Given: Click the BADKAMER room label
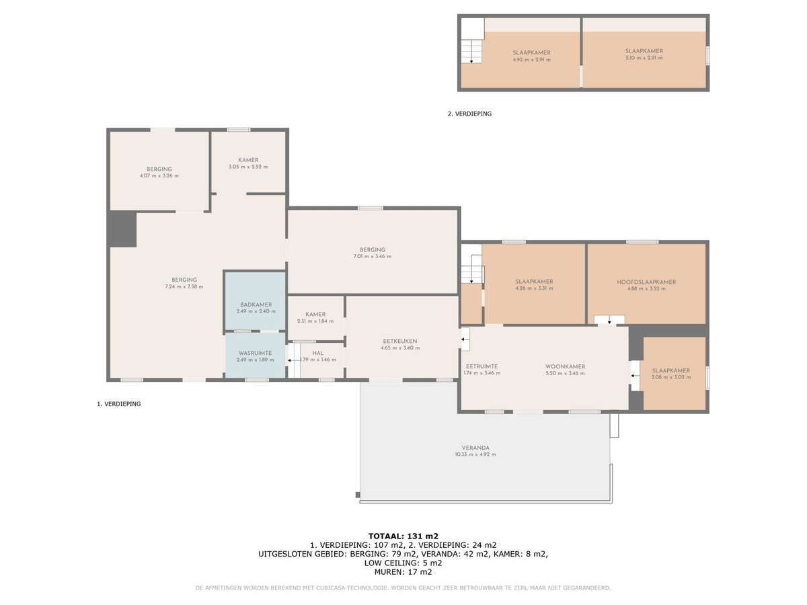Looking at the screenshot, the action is click(256, 305).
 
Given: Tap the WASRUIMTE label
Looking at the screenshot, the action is click(255, 353).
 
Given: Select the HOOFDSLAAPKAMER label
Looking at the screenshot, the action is click(646, 282).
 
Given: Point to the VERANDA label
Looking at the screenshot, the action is click(475, 448).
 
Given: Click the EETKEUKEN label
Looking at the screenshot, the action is click(400, 341).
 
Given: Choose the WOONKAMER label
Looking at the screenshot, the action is click(565, 366).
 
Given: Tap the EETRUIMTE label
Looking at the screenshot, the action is click(482, 366).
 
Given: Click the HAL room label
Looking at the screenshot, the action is click(318, 353).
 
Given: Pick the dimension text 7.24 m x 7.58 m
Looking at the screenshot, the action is click(184, 286).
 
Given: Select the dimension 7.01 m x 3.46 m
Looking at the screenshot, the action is click(372, 256).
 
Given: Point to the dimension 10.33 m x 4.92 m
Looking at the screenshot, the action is click(475, 454).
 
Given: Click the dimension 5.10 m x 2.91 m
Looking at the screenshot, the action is click(644, 58).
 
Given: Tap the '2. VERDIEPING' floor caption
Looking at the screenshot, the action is click(469, 114).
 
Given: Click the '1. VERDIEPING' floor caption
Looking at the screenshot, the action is click(119, 404).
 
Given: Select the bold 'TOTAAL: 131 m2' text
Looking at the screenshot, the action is click(403, 536).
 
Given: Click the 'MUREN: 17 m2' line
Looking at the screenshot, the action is click(403, 571).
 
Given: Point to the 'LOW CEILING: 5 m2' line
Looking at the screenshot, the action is click(403, 563).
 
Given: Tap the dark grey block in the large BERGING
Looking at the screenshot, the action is click(123, 229).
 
